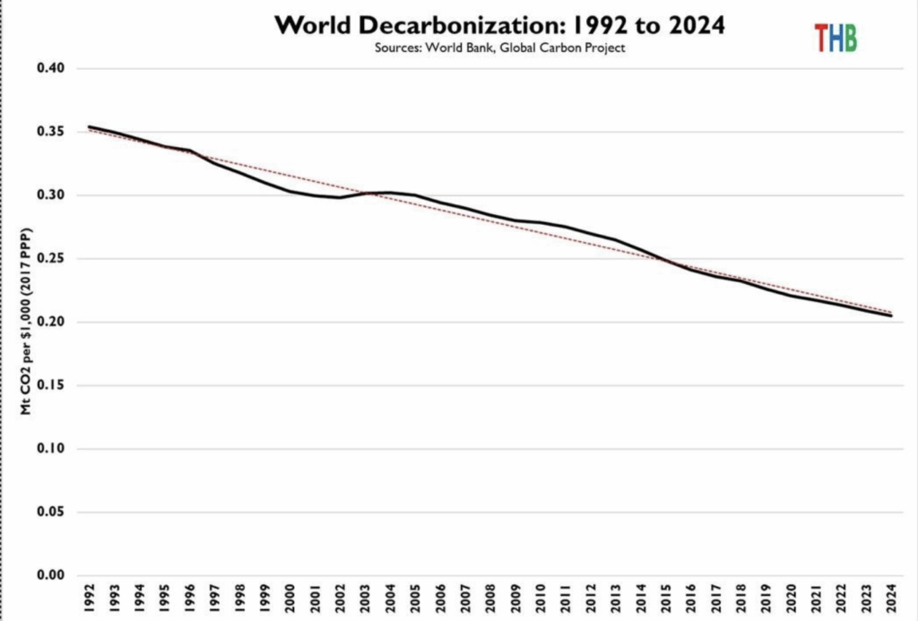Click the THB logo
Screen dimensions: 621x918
835,38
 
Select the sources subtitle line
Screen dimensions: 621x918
499,48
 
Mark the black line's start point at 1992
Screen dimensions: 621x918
89,127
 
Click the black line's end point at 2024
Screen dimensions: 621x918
891,315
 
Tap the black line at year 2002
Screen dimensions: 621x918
340,197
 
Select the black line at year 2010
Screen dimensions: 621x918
541,222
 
